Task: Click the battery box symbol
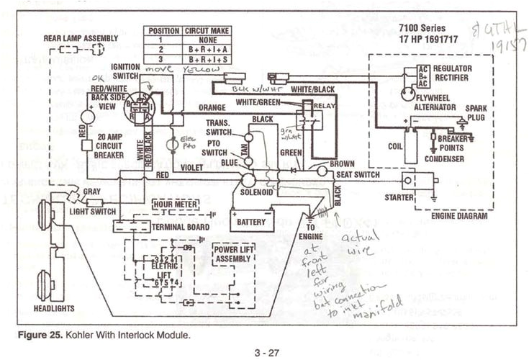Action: pyautogui.click(x=251, y=219)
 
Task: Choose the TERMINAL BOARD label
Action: pyautogui.click(x=181, y=227)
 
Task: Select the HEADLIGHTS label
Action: pyautogui.click(x=54, y=307)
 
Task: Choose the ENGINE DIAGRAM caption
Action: pyautogui.click(x=459, y=215)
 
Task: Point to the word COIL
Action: pyautogui.click(x=394, y=145)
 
